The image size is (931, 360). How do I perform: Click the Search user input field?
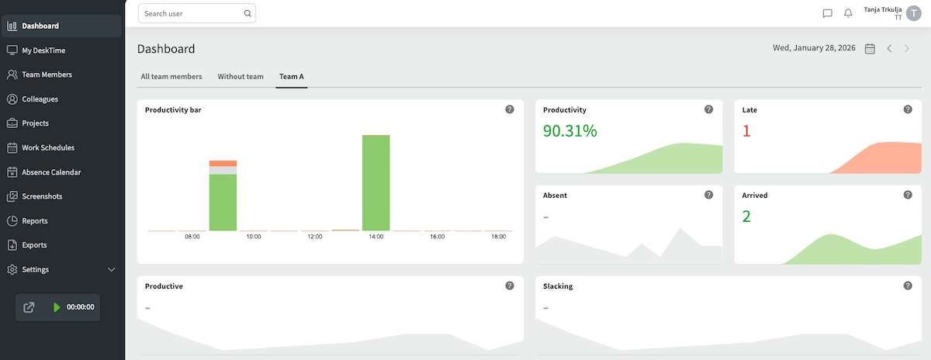(190, 13)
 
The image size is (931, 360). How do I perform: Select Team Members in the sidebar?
(47, 74)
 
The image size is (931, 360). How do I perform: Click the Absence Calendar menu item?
(51, 172)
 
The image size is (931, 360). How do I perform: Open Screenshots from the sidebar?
(42, 196)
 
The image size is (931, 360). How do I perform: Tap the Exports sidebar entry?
(34, 245)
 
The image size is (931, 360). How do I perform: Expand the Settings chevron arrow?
(111, 270)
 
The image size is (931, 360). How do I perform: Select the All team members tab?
(171, 77)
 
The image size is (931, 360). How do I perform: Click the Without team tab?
(241, 77)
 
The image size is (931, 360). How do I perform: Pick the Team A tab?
(292, 77)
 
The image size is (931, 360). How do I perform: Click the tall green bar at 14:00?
(376, 183)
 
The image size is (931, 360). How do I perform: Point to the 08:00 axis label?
(192, 237)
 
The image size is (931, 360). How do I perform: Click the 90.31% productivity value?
(570, 130)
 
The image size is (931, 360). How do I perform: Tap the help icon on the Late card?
(908, 109)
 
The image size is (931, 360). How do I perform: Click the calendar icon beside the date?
(870, 49)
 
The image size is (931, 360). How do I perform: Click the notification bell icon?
(848, 13)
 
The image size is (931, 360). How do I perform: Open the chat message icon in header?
(827, 13)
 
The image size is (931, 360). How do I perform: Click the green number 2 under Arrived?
(746, 216)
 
